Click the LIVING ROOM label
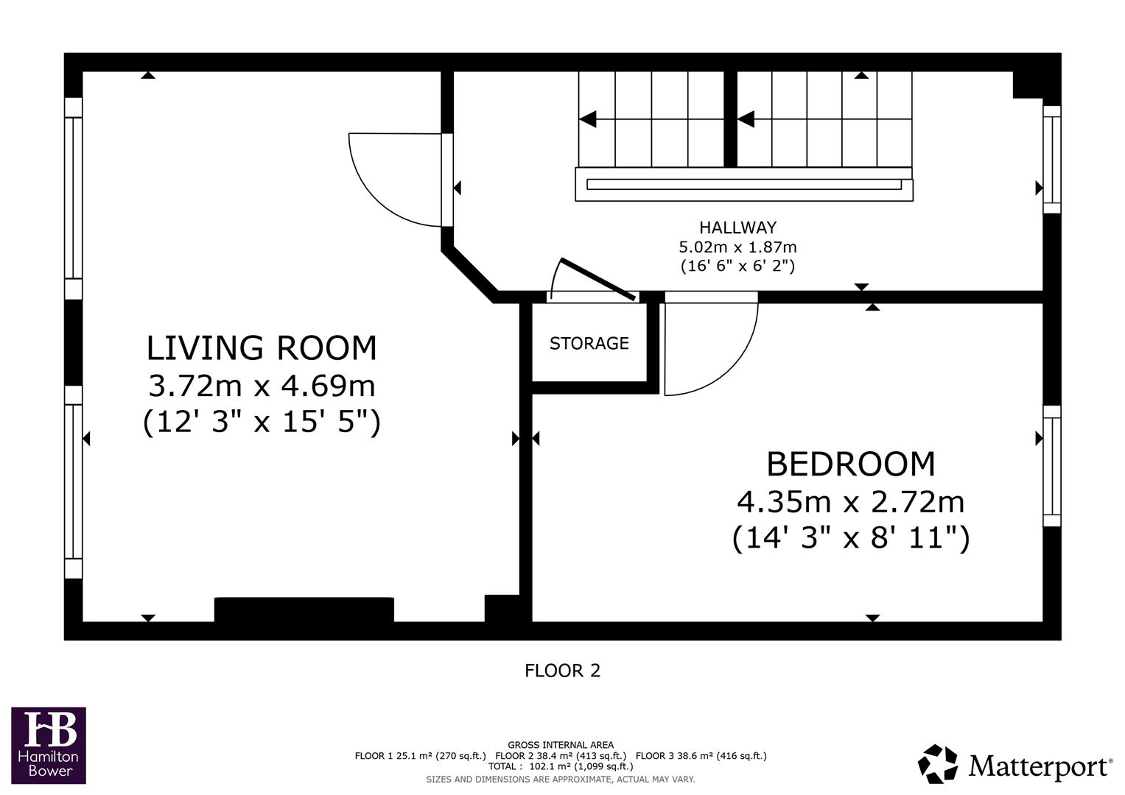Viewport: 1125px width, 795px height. (x=262, y=347)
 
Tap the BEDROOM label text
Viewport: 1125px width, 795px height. (x=850, y=464)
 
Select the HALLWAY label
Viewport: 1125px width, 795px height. (x=737, y=227)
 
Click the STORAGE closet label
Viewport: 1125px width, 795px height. (x=589, y=343)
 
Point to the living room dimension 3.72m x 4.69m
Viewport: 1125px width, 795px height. (x=262, y=385)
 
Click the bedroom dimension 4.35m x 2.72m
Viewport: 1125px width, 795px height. (x=850, y=502)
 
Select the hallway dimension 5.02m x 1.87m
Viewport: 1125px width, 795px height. (x=737, y=247)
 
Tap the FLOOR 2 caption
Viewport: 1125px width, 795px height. (x=562, y=671)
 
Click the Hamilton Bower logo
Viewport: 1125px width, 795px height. (x=49, y=745)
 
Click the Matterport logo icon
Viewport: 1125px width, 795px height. (x=937, y=764)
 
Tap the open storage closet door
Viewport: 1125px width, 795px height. (x=597, y=280)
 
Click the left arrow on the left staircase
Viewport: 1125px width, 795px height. (x=588, y=119)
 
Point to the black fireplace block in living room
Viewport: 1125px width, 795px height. (x=304, y=609)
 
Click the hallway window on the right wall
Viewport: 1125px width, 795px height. (x=1052, y=159)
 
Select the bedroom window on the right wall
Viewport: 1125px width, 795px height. (x=1052, y=465)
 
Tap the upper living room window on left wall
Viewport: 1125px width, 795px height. (x=73, y=197)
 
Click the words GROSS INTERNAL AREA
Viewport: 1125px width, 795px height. (x=560, y=745)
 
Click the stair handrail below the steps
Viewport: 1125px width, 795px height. (x=743, y=184)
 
